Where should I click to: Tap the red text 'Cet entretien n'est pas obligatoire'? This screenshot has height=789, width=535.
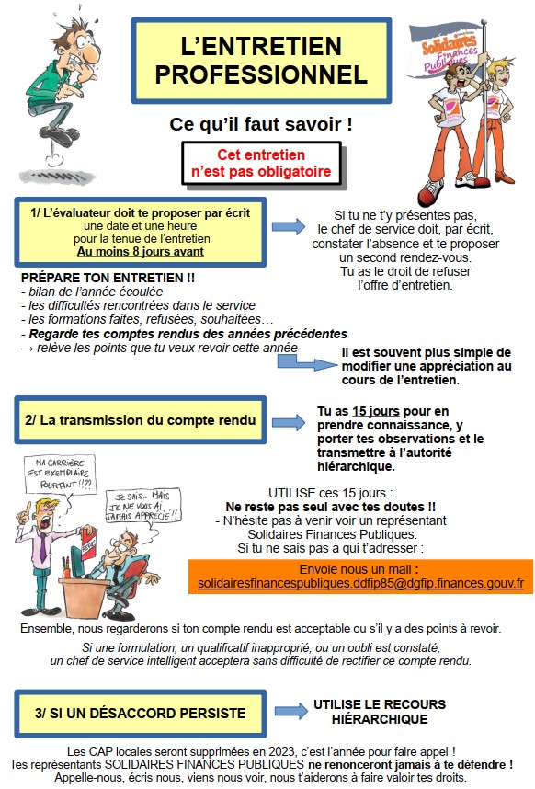coord(261,164)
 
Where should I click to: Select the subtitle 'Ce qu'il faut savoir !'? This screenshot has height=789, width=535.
coord(261,122)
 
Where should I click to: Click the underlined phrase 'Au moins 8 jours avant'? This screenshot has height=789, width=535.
coord(140,251)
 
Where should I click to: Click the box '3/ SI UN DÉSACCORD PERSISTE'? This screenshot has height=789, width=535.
coord(141,713)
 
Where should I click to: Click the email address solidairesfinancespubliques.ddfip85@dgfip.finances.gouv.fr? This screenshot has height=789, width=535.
coord(360,583)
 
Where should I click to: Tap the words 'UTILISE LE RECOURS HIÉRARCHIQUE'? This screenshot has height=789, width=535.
coord(379,711)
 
